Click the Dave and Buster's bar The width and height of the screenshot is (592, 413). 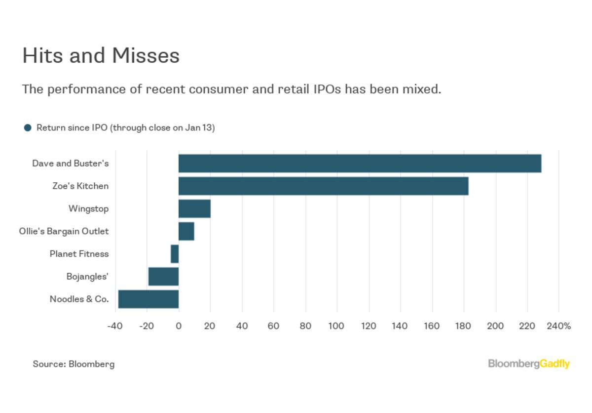pyautogui.click(x=360, y=164)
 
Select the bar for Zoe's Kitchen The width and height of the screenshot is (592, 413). pyautogui.click(x=324, y=186)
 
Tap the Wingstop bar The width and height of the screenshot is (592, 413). pyautogui.click(x=194, y=209)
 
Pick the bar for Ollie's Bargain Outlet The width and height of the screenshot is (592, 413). pyautogui.click(x=186, y=231)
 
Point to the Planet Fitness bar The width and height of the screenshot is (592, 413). pyautogui.click(x=175, y=254)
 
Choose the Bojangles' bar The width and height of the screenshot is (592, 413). pyautogui.click(x=164, y=277)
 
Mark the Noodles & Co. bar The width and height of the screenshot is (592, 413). pyautogui.click(x=148, y=299)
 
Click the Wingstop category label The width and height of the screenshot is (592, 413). pyautogui.click(x=88, y=209)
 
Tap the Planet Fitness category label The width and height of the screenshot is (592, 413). pyautogui.click(x=79, y=254)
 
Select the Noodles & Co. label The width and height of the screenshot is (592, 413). pyautogui.click(x=79, y=299)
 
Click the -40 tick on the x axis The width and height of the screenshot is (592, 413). pyautogui.click(x=115, y=326)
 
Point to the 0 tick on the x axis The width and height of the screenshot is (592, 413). pyautogui.click(x=179, y=326)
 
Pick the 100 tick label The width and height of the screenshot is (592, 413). pyautogui.click(x=336, y=326)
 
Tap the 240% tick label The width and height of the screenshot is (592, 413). pyautogui.click(x=559, y=326)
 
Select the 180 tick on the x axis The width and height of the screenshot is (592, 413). pyautogui.click(x=463, y=326)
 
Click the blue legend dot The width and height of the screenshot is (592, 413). pyautogui.click(x=28, y=128)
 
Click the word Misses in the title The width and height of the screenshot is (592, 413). pyautogui.click(x=146, y=56)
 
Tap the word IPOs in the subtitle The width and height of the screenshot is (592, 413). pyautogui.click(x=327, y=89)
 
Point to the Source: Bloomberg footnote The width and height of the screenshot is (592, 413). pyautogui.click(x=74, y=364)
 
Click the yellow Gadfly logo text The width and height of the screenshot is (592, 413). pyautogui.click(x=555, y=364)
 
